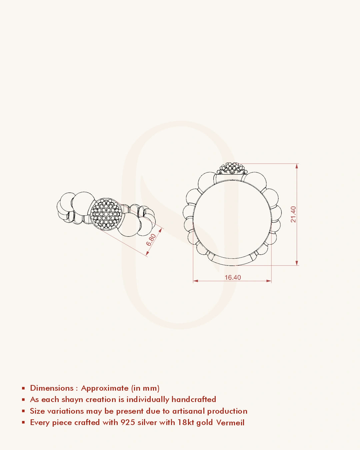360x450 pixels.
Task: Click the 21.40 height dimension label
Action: tap(293, 214)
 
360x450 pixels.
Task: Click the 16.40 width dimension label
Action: tap(233, 277)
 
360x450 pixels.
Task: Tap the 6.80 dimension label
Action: tap(151, 240)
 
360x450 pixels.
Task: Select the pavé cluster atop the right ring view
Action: tap(232, 168)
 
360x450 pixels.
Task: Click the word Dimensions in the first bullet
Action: tap(52, 388)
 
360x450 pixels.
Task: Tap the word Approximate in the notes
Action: tap(105, 388)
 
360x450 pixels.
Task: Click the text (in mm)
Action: tap(145, 388)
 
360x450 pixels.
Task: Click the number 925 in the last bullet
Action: tap(128, 422)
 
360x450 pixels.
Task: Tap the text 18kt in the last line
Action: tap(186, 422)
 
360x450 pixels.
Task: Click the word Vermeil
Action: tap(230, 422)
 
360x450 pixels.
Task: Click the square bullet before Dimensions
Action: tap(23, 388)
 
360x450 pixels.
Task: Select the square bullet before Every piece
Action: tap(23, 422)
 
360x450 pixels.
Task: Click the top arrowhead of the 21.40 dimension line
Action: tap(297, 166)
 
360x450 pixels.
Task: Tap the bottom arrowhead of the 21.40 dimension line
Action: tap(297, 263)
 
